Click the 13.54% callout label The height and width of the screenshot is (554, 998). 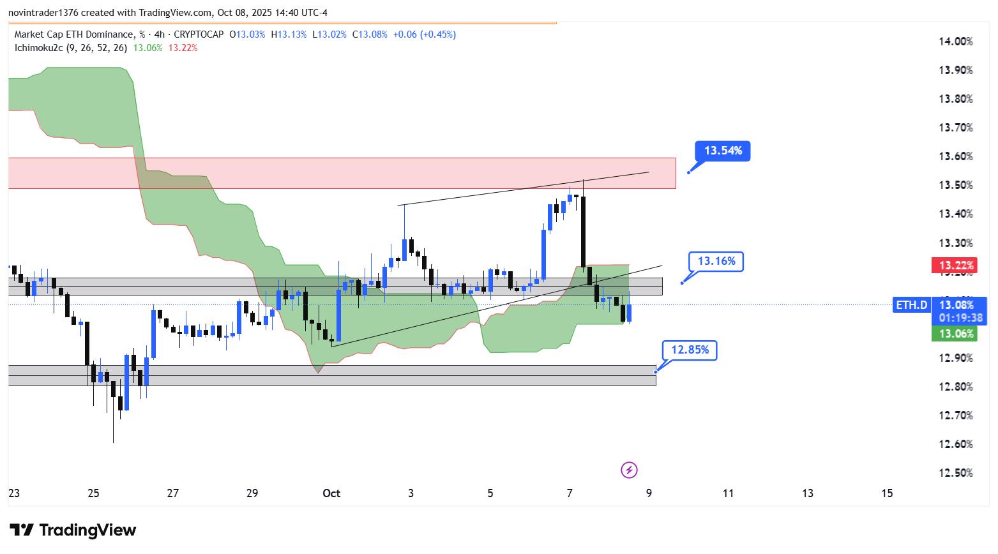point(723,151)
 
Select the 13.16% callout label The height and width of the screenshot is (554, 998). point(716,261)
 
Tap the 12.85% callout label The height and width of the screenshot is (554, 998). point(690,350)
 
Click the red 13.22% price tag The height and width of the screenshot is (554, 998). point(955,266)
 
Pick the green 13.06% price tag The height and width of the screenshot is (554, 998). point(955,334)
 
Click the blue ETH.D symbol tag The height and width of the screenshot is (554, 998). point(911,305)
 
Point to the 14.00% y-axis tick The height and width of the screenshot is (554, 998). point(955,41)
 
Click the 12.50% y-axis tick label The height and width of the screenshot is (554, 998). point(955,473)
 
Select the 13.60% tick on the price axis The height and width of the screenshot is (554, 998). point(955,156)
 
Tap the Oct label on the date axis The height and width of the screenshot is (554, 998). point(331,493)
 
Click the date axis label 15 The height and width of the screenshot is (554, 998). point(887,493)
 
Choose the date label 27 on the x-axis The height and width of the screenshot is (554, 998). point(172,493)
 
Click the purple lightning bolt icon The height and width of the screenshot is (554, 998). point(629,470)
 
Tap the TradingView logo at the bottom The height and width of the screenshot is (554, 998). point(73,530)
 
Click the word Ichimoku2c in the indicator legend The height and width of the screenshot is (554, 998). point(38,48)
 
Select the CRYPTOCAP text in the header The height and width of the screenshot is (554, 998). point(199,34)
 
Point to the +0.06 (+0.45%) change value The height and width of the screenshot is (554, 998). point(424,34)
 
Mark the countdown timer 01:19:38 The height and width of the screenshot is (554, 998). point(960,318)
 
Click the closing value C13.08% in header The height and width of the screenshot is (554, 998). point(370,34)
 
